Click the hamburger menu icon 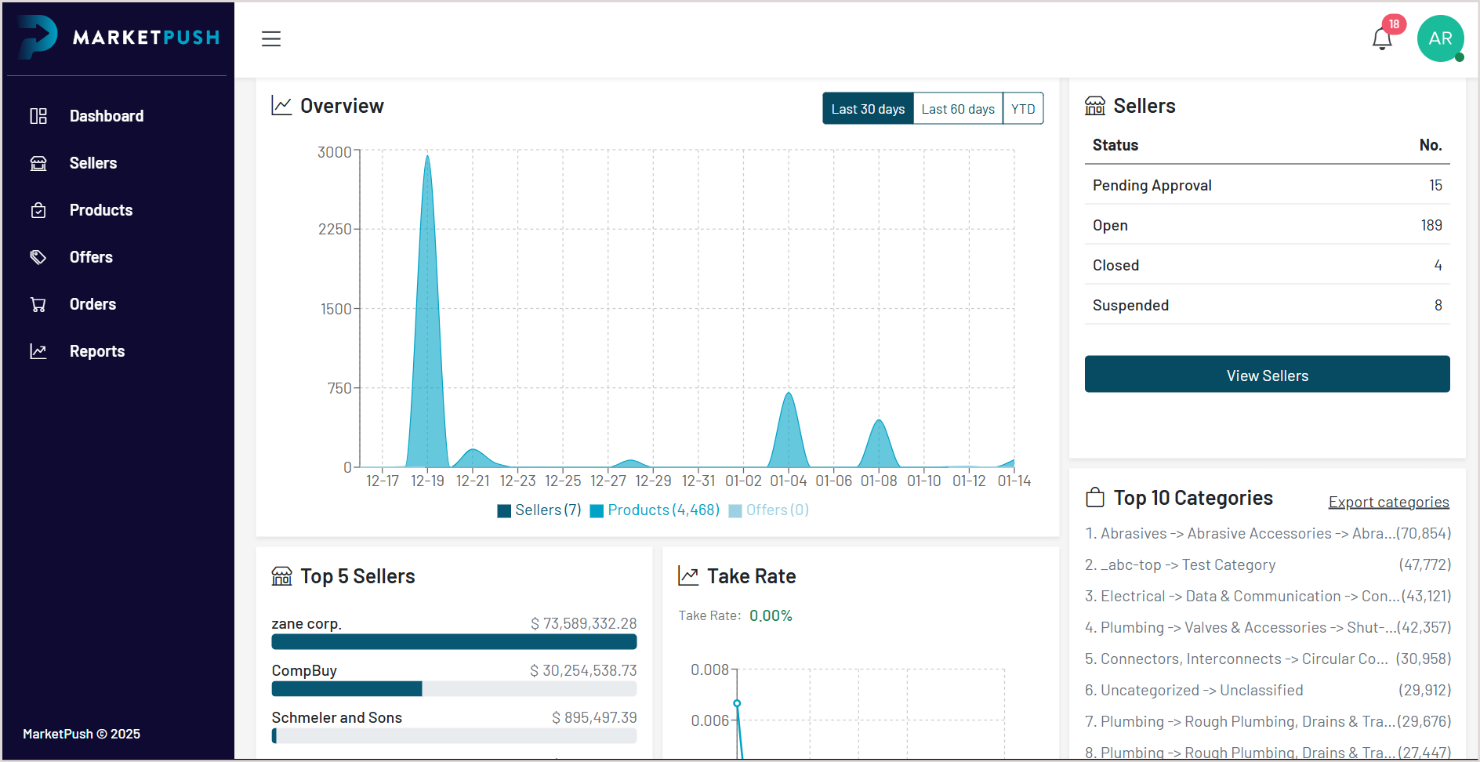[271, 38]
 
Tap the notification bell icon [1382, 38]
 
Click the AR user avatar [1440, 38]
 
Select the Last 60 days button [958, 109]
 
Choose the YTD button [1023, 109]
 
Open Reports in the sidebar [96, 351]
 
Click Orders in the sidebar [92, 304]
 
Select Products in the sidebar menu [100, 210]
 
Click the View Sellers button [1267, 375]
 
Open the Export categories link [1388, 502]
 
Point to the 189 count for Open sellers [1431, 225]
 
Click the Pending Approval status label [1152, 185]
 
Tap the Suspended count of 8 [1438, 305]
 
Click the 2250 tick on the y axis [335, 229]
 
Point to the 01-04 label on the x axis [788, 481]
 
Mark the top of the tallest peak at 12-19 [427, 156]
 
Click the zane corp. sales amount [583, 623]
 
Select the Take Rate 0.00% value [771, 615]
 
